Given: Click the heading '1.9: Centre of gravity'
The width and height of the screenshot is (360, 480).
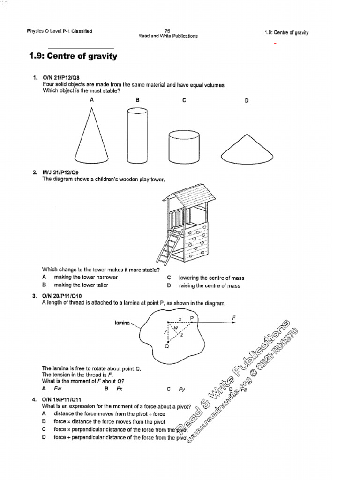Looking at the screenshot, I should click(73, 56).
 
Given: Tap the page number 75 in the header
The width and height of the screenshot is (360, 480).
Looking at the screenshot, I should click(168, 30).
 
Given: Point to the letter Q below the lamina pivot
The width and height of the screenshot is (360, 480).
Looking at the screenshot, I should click(167, 347).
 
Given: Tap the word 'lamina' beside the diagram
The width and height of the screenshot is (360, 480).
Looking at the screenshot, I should click(122, 323).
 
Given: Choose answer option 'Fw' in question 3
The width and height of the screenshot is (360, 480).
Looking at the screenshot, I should click(58, 389).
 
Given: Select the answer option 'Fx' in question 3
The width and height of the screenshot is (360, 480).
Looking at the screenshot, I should click(120, 389).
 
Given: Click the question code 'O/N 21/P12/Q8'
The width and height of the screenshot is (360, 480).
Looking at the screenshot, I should click(61, 77).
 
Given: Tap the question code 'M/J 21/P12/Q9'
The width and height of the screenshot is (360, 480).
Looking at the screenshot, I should click(61, 172).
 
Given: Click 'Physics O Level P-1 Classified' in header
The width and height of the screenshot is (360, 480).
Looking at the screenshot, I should click(60, 31).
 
